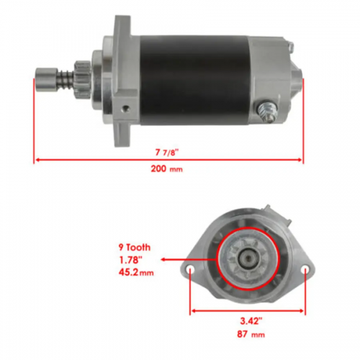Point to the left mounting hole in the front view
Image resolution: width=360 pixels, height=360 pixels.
[x=191, y=271]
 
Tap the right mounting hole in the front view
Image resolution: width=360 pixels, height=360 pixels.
[x=306, y=271]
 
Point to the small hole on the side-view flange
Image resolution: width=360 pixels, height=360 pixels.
[x=127, y=108]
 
